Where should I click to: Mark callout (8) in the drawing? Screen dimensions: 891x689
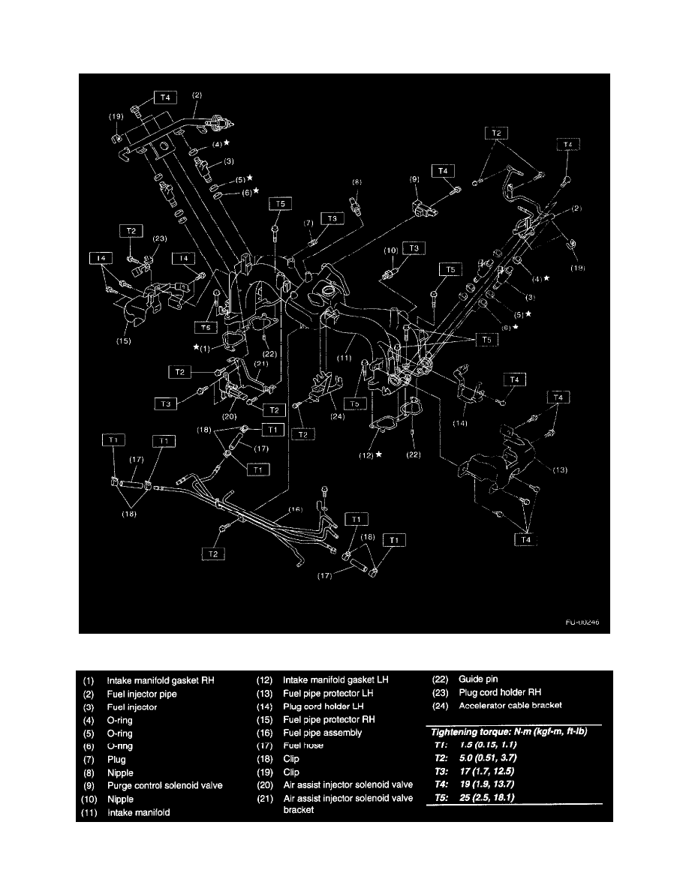click(x=357, y=181)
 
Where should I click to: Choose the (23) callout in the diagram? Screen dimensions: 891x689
click(x=158, y=238)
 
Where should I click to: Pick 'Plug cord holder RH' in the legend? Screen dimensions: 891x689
click(x=500, y=692)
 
